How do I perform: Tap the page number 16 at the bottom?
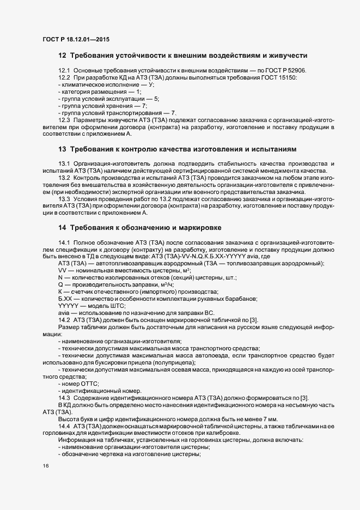[x=46, y=466]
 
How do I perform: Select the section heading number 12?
[x=62, y=55]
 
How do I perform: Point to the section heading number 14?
[x=62, y=227]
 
